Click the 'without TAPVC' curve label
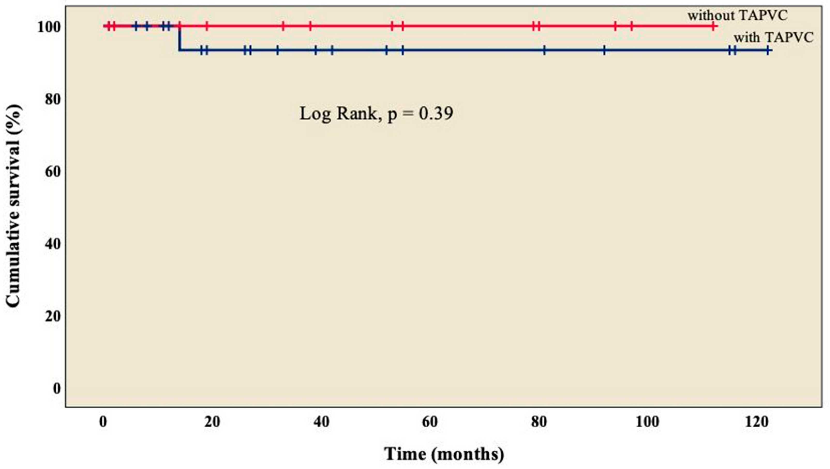pos(737,15)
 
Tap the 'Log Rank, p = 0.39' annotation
pos(376,113)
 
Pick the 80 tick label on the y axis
pos(53,100)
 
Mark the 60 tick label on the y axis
pos(53,172)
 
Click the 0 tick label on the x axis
pos(103,422)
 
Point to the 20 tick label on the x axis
pos(212,422)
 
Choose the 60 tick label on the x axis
pos(430,422)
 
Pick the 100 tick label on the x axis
pos(648,422)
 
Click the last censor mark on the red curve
pos(713,26)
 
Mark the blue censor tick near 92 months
pos(604,50)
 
